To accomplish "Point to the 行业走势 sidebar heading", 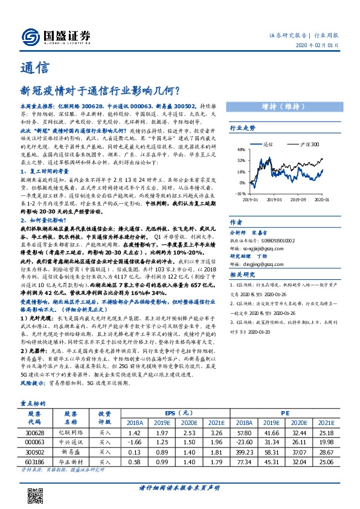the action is coord(242,128).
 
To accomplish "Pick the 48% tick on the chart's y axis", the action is coord(240,149).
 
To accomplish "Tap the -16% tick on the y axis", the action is coord(240,193).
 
